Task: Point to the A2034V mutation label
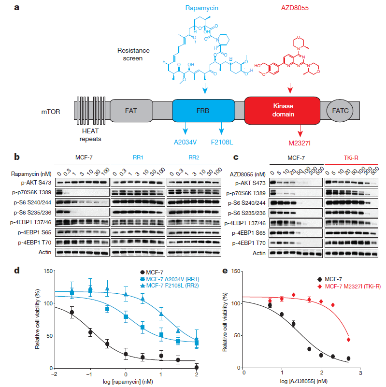[185, 143]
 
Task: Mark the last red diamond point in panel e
[349, 340]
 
